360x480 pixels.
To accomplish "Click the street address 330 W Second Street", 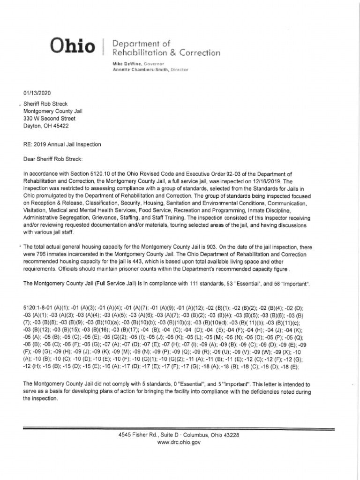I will coord(49,119).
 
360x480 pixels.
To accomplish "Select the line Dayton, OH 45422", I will coord(46,126).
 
